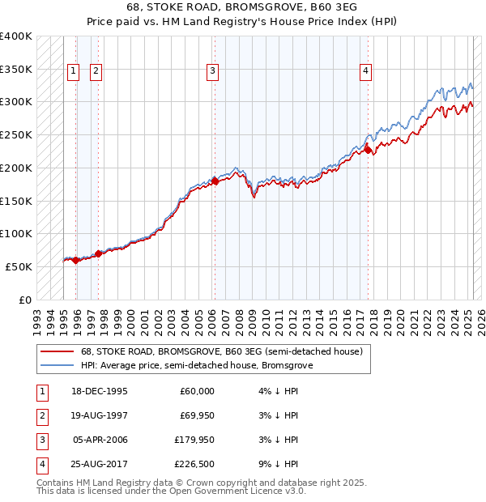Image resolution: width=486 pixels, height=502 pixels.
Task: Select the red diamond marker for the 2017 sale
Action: click(x=368, y=150)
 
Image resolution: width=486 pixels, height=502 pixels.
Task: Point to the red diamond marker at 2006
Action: click(x=215, y=181)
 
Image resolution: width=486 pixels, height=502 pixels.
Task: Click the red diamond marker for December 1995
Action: click(x=75, y=260)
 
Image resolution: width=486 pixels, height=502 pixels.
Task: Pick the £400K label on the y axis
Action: click(x=15, y=36)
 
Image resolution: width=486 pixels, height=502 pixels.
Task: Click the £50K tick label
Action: click(x=19, y=266)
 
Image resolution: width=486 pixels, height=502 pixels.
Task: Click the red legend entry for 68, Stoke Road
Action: click(x=226, y=351)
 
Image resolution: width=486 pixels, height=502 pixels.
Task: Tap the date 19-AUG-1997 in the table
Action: click(x=100, y=415)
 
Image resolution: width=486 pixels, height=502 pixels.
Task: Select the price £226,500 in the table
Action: click(x=193, y=464)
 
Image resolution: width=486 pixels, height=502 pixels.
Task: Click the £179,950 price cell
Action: click(x=193, y=440)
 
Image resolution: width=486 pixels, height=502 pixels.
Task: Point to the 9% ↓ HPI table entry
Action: click(x=275, y=464)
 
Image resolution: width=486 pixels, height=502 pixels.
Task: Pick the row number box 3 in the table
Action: click(x=40, y=440)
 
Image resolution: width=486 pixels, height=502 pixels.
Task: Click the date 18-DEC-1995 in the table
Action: click(x=100, y=391)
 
